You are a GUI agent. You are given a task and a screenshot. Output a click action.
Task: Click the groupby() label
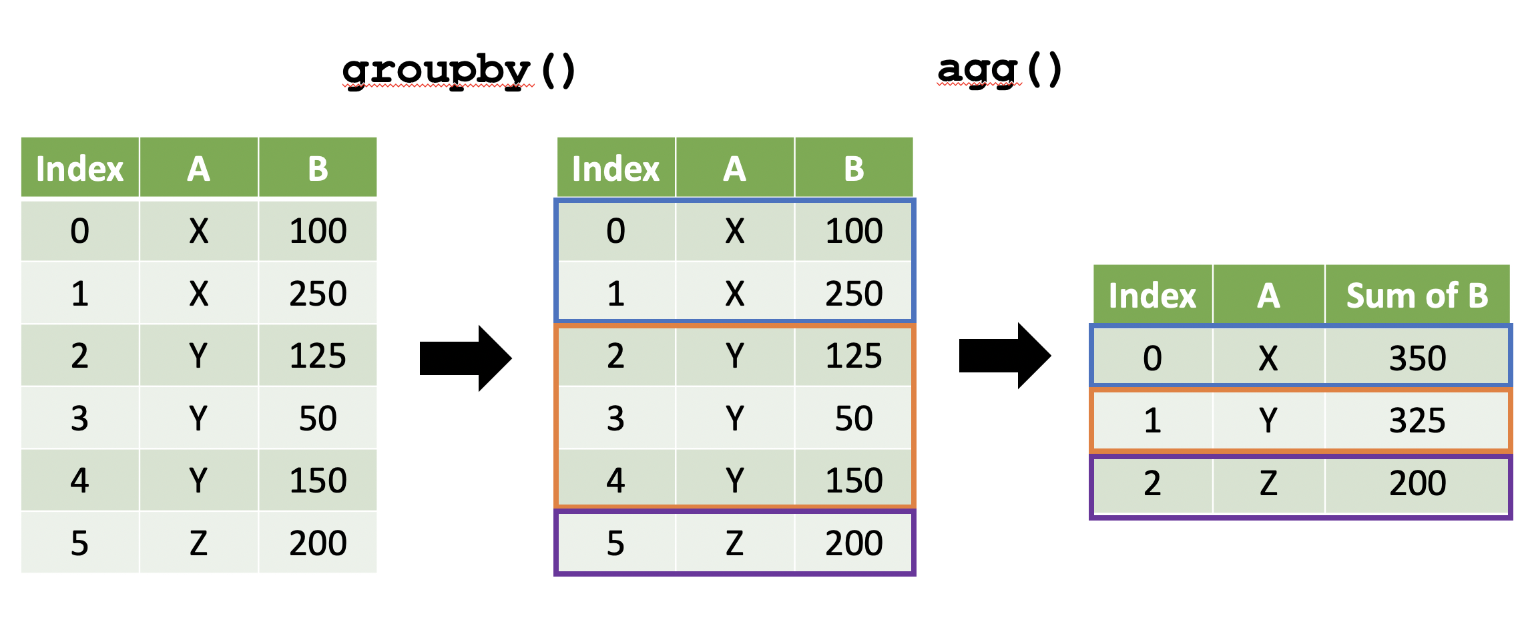[x=458, y=71]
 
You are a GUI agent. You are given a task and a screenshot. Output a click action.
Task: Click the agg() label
[x=999, y=70]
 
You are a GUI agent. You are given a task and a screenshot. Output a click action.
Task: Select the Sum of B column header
[x=1417, y=295]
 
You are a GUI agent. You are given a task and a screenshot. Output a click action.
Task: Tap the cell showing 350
[x=1417, y=358]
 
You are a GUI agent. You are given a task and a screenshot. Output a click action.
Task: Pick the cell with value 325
[x=1417, y=420]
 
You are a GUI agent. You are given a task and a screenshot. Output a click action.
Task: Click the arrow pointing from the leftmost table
[x=465, y=358]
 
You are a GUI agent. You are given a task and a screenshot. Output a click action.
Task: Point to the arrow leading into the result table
[x=1005, y=356]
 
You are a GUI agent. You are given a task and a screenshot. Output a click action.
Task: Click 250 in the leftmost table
[x=318, y=294]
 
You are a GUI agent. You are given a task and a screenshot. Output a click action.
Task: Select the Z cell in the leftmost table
[x=198, y=543]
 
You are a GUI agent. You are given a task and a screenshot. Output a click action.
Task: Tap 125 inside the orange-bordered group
[x=854, y=356]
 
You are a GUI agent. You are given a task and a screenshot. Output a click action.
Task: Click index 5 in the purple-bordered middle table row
[x=615, y=543]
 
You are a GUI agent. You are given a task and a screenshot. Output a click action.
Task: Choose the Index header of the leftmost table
[x=80, y=168]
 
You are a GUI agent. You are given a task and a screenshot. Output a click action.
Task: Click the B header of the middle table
[x=854, y=168]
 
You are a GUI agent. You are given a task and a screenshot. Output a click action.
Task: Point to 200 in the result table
[x=1417, y=483]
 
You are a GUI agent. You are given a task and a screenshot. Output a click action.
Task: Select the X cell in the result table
[x=1268, y=358]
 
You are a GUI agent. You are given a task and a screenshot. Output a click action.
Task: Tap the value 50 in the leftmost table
[x=318, y=418]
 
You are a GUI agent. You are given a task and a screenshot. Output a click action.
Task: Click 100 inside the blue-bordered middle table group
[x=854, y=231]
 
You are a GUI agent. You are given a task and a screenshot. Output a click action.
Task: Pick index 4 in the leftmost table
[x=80, y=481]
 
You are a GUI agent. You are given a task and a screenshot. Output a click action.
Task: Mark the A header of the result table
[x=1268, y=295]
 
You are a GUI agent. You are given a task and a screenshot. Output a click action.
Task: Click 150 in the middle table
[x=854, y=481]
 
